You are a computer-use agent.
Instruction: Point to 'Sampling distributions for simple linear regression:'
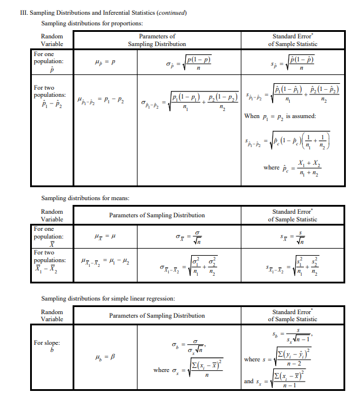[107, 298]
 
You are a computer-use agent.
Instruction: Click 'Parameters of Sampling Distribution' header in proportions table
[156, 40]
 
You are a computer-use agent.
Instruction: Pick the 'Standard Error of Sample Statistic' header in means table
[292, 216]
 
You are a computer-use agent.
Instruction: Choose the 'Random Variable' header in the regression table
[52, 315]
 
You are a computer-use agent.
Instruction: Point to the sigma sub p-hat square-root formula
[188, 62]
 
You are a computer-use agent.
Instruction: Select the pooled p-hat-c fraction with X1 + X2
[293, 168]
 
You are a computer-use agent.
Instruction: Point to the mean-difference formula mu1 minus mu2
[106, 262]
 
